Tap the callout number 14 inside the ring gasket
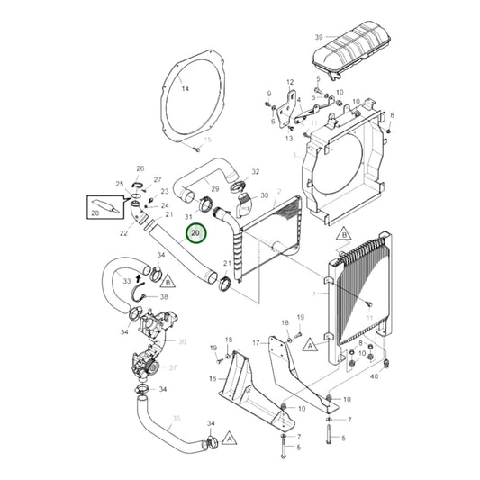[x=186, y=90]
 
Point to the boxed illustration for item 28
[x=104, y=208]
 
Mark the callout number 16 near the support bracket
[x=213, y=378]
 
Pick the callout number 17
[x=255, y=342]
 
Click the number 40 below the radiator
[x=374, y=376]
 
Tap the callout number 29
[x=190, y=188]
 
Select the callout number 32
[x=256, y=171]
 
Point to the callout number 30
[x=265, y=195]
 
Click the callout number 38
[x=164, y=296]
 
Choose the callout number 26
[x=140, y=168]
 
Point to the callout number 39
[x=319, y=36]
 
